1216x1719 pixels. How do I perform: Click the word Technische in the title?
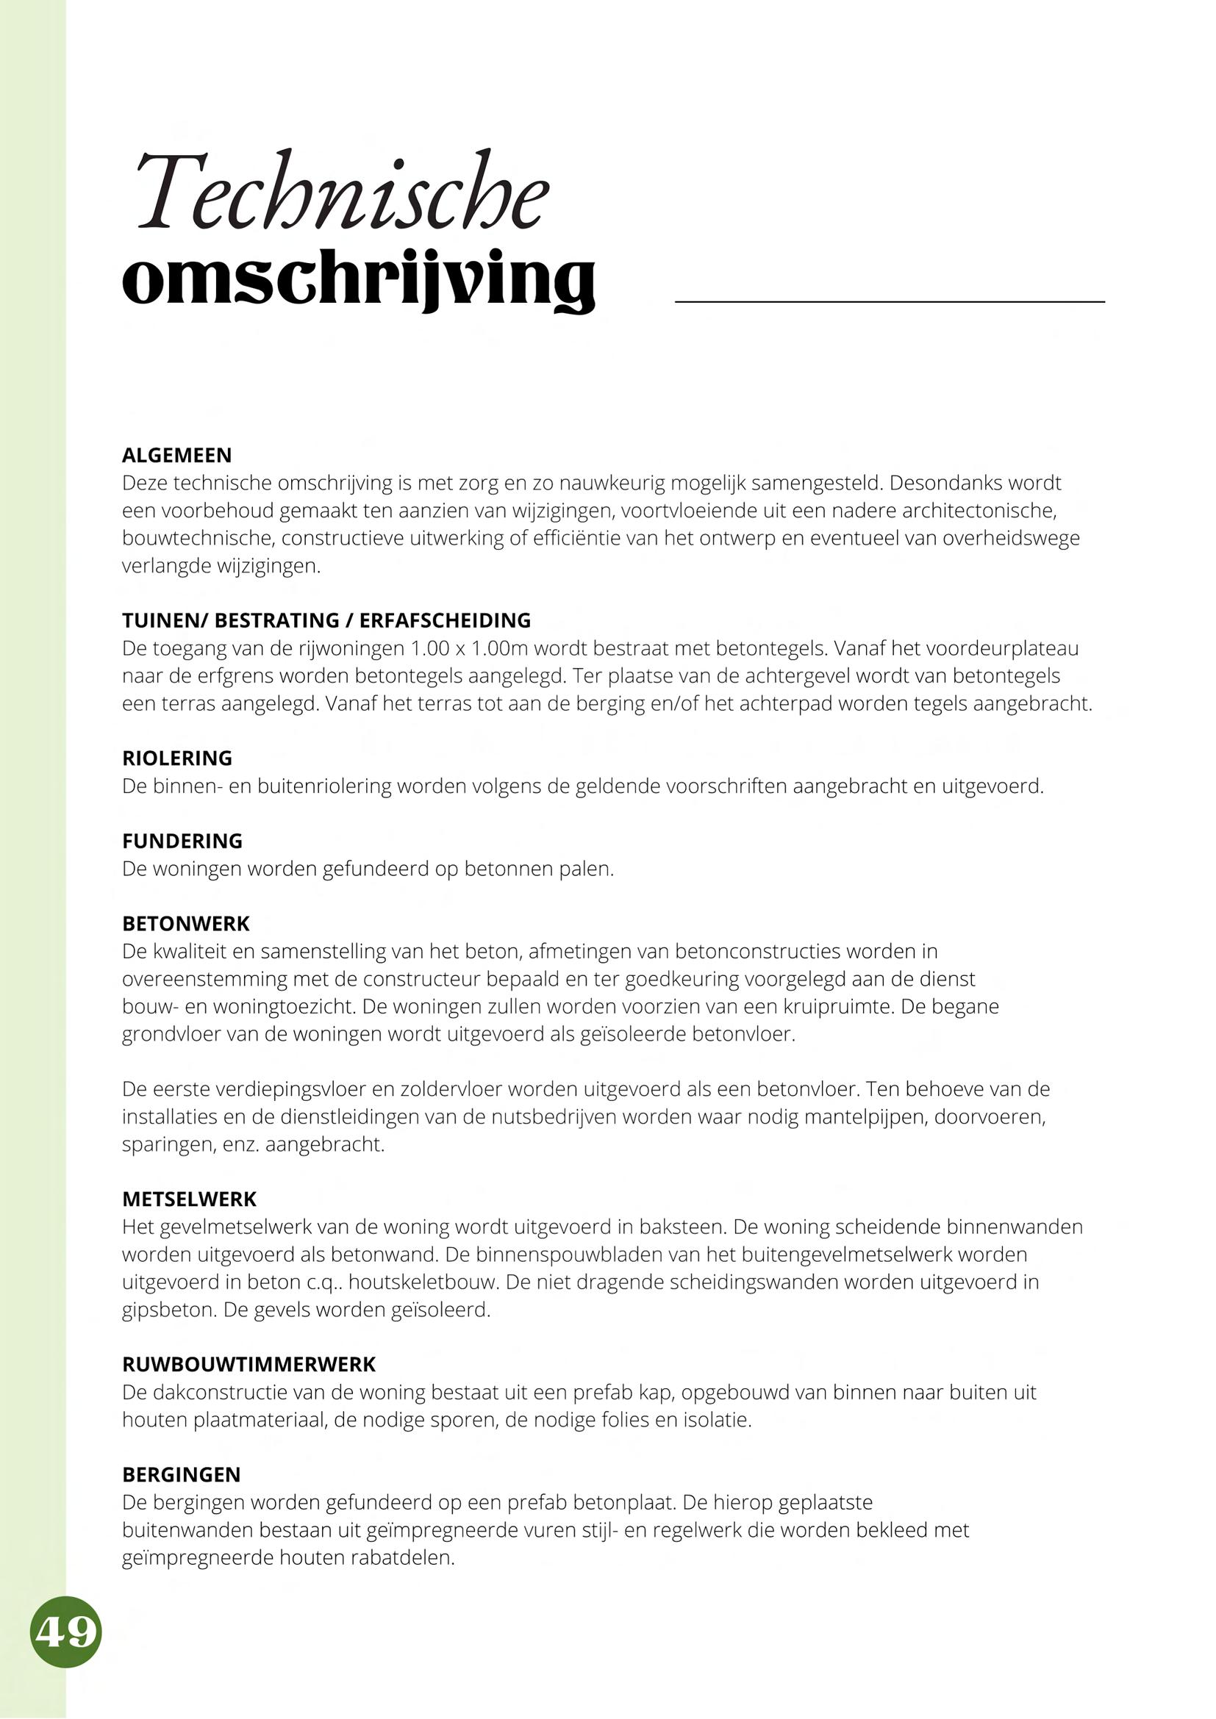pyautogui.click(x=342, y=193)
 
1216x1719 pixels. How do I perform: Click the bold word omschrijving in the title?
pyautogui.click(x=359, y=280)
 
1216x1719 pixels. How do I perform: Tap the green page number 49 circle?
pyautogui.click(x=66, y=1632)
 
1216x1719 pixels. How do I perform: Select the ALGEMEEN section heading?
pyautogui.click(x=176, y=455)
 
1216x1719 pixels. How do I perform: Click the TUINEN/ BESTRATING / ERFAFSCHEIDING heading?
pyautogui.click(x=326, y=620)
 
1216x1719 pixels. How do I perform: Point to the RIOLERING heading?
pyautogui.click(x=176, y=758)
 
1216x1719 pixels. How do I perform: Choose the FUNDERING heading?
pyautogui.click(x=182, y=841)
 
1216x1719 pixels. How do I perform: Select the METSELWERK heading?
pyautogui.click(x=189, y=1199)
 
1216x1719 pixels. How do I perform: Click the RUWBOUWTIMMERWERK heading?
pyautogui.click(x=248, y=1364)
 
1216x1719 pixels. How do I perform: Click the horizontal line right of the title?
pyautogui.click(x=890, y=302)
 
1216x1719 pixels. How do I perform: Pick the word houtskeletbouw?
pyautogui.click(x=423, y=1282)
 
